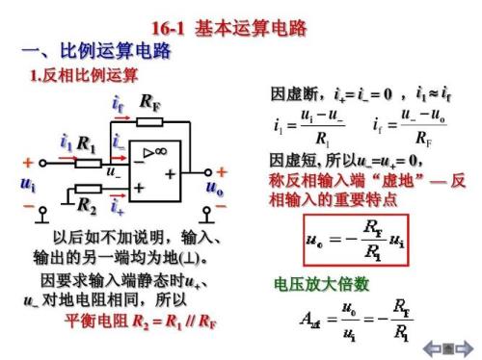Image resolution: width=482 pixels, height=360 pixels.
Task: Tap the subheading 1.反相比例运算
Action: [85, 76]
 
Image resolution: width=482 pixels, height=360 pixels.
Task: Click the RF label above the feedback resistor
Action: [150, 102]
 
